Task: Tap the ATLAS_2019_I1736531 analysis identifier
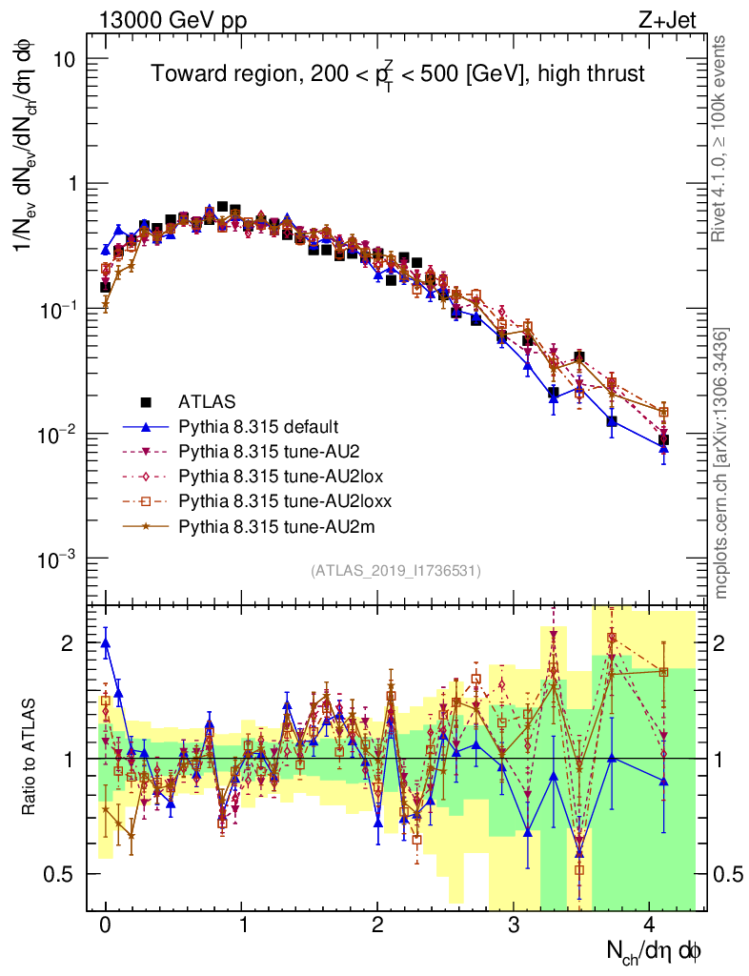(x=395, y=571)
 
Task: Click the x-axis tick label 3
(x=514, y=925)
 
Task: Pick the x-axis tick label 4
(x=649, y=925)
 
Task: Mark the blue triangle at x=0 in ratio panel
(x=105, y=642)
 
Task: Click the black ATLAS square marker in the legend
(x=148, y=401)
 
